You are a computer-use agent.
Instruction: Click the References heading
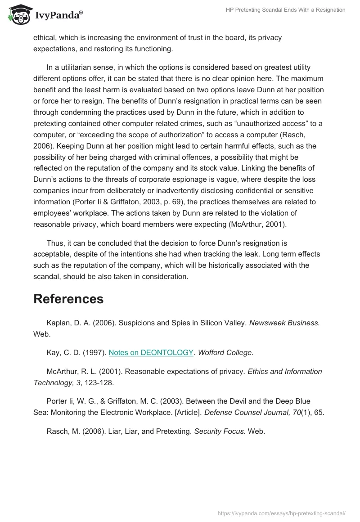tap(68, 299)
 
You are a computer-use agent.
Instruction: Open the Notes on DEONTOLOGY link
tap(151, 353)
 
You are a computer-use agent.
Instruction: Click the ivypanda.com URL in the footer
tap(281, 513)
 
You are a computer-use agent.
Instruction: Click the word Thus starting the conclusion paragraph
tap(54, 243)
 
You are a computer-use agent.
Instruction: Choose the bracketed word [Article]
tap(190, 412)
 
